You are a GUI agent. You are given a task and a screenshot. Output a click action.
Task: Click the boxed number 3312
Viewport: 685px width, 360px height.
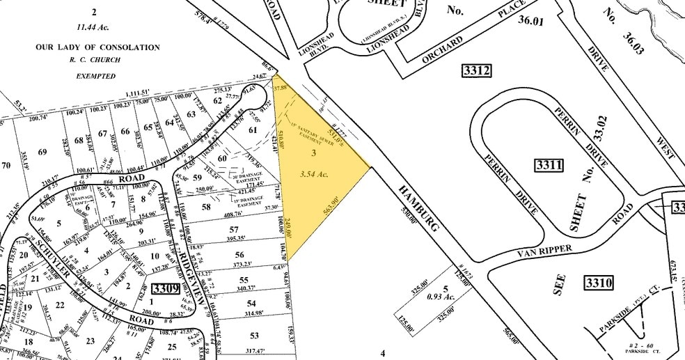click(477, 70)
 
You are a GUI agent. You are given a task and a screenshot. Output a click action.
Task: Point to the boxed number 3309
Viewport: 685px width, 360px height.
click(166, 289)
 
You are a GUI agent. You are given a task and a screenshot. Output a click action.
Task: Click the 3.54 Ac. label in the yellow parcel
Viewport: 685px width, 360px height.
click(313, 174)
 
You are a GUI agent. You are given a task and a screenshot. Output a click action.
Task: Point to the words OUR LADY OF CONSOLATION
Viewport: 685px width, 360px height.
click(97, 47)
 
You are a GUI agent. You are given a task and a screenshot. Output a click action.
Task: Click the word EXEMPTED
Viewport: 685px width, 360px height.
click(96, 76)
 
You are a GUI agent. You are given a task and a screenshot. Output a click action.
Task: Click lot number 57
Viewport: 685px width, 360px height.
click(234, 229)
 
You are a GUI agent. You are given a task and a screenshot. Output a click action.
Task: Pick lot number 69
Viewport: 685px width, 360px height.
click(42, 152)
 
